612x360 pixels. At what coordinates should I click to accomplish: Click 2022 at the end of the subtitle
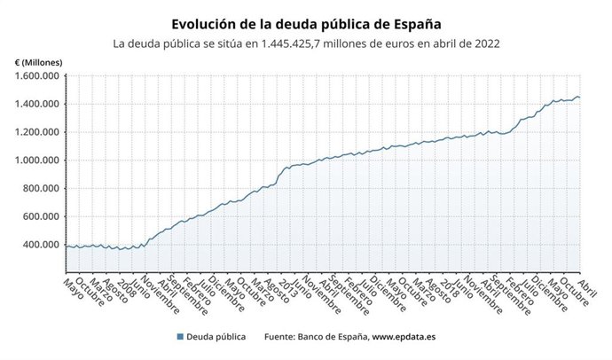coord(485,43)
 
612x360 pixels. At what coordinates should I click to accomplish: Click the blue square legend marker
coord(180,337)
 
